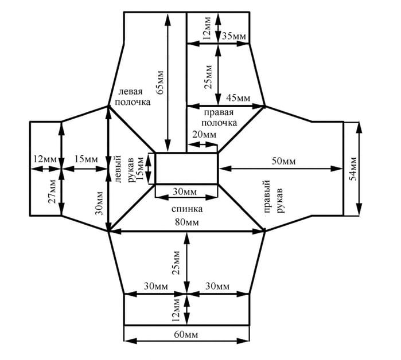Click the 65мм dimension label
pyautogui.click(x=161, y=83)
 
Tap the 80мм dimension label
pyautogui.click(x=187, y=222)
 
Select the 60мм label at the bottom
pyautogui.click(x=186, y=334)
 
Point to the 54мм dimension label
pyautogui.click(x=353, y=169)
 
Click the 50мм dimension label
pyautogui.click(x=283, y=161)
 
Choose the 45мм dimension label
pyautogui.click(x=238, y=97)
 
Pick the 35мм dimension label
pyautogui.click(x=234, y=36)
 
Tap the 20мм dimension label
pyautogui.click(x=204, y=134)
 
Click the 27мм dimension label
pyautogui.click(x=52, y=191)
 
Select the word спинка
pyautogui.click(x=187, y=209)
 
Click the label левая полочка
pyautogui.click(x=133, y=97)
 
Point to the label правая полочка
pyautogui.click(x=219, y=118)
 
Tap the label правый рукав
pyautogui.click(x=274, y=197)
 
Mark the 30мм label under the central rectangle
pyautogui.click(x=185, y=191)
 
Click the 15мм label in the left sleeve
pyautogui.click(x=86, y=159)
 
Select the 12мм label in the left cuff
pyautogui.click(x=45, y=159)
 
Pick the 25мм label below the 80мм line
pyautogui.click(x=176, y=263)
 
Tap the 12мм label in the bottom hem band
pyautogui.click(x=176, y=310)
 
